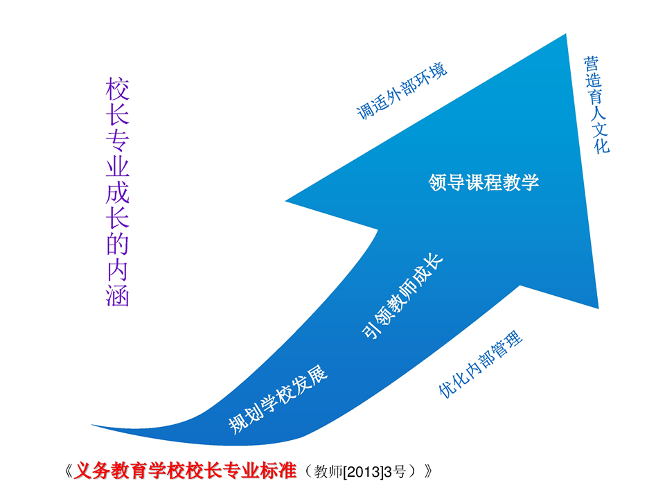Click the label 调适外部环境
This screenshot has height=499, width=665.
402,91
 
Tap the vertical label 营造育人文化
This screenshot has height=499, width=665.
596,105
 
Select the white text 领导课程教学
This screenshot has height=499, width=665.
484,182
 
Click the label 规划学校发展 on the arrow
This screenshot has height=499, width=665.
278,399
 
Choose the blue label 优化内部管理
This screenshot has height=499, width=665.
480,364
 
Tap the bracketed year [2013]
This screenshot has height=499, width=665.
362,471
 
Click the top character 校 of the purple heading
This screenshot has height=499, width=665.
118,89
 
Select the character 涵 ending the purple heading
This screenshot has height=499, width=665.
118,295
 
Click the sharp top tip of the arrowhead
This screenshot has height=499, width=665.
566,35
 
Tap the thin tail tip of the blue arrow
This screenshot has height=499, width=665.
92,425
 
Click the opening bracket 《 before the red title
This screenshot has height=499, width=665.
69,471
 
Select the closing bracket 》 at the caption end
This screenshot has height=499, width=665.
428,471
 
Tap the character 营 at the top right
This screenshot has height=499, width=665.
590,64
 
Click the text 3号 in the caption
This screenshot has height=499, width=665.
394,471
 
